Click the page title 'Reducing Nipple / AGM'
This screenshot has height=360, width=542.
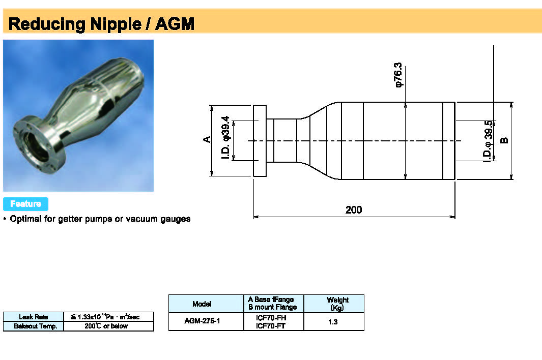pos(102,24)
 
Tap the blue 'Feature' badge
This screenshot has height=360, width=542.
pos(25,204)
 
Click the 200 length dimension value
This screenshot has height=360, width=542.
pos(354,209)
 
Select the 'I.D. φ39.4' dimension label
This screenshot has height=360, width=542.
pos(226,138)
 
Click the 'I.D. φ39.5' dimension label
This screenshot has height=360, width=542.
pos(488,141)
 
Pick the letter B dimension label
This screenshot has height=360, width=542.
pos(504,140)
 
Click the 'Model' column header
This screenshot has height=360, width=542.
pos(202,304)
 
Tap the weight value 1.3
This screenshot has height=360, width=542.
pos(333,322)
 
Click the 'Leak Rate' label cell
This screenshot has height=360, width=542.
pos(34,317)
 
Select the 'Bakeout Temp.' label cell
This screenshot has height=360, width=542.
pos(34,326)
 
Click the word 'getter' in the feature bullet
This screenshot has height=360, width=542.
pos(72,219)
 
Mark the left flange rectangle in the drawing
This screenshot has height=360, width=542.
pos(260,141)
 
